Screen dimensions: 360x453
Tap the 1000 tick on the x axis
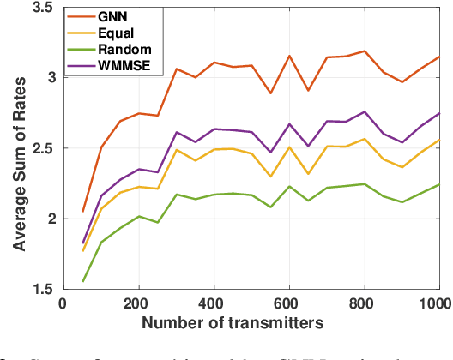[x=436, y=303]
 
